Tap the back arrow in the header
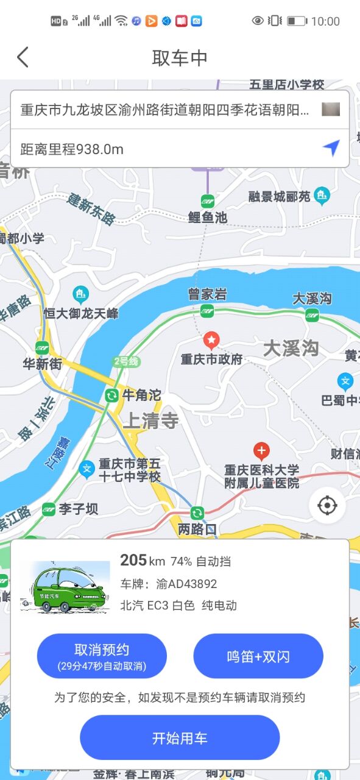[23, 57]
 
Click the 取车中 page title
[180, 58]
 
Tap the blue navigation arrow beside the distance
[331, 147]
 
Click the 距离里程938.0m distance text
[72, 149]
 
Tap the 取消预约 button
[102, 656]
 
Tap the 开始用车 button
[180, 738]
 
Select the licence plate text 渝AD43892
[186, 584]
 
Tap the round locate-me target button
[327, 505]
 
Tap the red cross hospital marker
[261, 452]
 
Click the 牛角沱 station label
[141, 395]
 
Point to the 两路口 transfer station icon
[197, 513]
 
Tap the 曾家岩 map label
[207, 294]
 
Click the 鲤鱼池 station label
[207, 217]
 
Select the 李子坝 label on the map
[78, 509]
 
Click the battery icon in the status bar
[297, 21]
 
